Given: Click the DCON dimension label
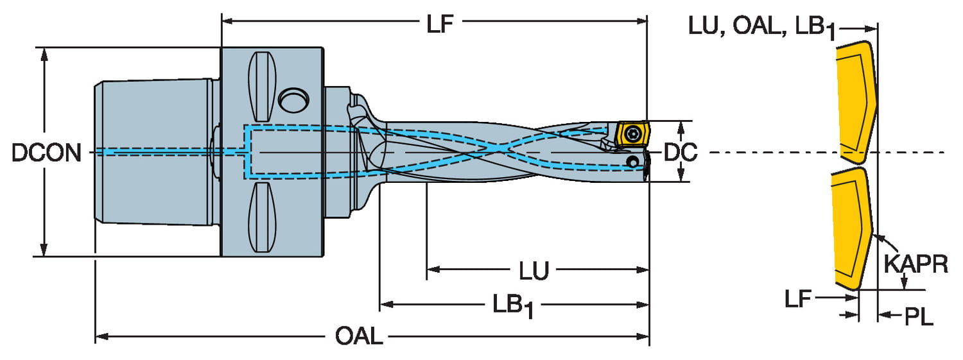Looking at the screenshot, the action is point(46,153).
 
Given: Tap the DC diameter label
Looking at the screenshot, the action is point(681,153).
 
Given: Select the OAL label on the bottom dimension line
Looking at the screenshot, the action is point(359,336).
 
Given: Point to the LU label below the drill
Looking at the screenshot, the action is point(534,271).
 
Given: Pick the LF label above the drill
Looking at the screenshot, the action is point(440,24).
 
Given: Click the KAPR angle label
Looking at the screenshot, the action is point(915,264).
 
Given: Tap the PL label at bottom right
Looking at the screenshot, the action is point(919,317).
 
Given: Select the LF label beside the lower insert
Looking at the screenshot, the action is point(798,298).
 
